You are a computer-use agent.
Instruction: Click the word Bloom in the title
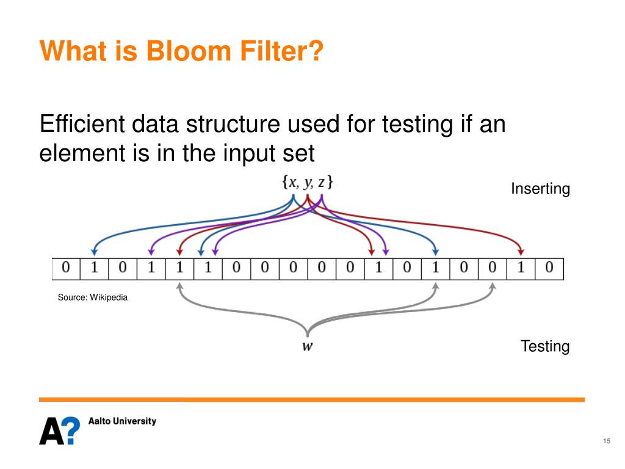pyautogui.click(x=189, y=51)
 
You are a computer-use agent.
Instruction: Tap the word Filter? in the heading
pyautogui.click(x=281, y=51)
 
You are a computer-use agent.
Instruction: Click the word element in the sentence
pyautogui.click(x=82, y=153)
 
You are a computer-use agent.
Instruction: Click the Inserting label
pyautogui.click(x=541, y=189)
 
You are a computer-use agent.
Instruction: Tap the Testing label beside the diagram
pyautogui.click(x=545, y=346)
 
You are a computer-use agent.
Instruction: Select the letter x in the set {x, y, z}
pyautogui.click(x=293, y=183)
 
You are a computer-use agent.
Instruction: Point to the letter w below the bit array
pyautogui.click(x=308, y=346)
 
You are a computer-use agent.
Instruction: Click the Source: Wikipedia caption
pyautogui.click(x=93, y=297)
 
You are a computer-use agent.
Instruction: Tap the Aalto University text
pyautogui.click(x=122, y=421)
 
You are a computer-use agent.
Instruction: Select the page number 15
pyautogui.click(x=607, y=441)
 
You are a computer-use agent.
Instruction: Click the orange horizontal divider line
pyautogui.click(x=312, y=399)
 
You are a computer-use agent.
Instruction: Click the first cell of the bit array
pyautogui.click(x=66, y=269)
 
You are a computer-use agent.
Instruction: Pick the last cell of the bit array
pyautogui.click(x=549, y=269)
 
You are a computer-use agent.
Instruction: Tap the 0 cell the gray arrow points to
pyautogui.click(x=493, y=269)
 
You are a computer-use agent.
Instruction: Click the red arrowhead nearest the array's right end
pyautogui.click(x=521, y=252)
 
